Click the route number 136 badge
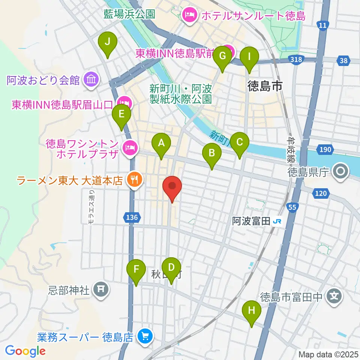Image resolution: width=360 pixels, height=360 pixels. click(x=132, y=217)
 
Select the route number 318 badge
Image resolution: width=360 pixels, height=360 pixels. click(x=296, y=60)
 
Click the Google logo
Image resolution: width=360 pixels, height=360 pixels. click(x=25, y=351)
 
